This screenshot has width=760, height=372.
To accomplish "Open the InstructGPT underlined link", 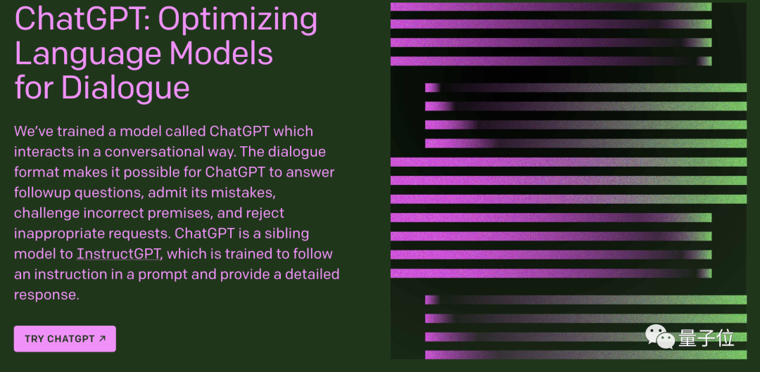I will click(118, 254).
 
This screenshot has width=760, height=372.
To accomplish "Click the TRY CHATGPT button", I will click(65, 339).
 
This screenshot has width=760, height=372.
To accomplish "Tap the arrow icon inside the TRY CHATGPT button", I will click(102, 338).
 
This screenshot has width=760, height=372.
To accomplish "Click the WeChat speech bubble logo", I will click(661, 337).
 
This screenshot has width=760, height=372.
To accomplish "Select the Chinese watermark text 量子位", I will click(707, 338).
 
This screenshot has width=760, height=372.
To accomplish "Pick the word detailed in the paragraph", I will click(308, 274).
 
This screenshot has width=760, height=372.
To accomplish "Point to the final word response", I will click(46, 295).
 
